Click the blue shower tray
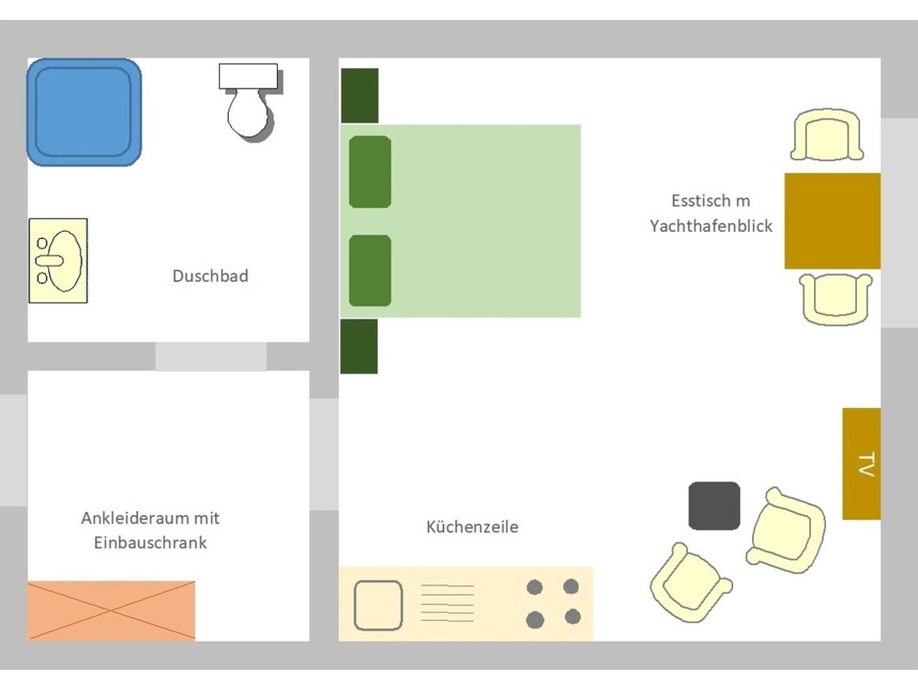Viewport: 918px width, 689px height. tap(84, 112)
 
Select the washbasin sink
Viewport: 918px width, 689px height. tap(58, 260)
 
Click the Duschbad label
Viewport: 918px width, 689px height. tap(210, 276)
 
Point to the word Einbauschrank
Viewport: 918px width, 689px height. tap(150, 543)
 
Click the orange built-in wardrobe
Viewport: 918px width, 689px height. tap(111, 610)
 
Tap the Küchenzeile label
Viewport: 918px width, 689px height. tap(472, 527)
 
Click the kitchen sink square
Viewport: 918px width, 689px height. tap(378, 605)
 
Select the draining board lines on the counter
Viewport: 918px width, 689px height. tap(447, 603)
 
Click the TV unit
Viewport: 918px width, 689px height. tap(861, 464)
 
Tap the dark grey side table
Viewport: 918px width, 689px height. tap(714, 506)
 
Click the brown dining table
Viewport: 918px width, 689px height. tap(832, 221)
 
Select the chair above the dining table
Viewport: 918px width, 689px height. tap(827, 135)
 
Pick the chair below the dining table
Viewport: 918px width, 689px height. tap(835, 299)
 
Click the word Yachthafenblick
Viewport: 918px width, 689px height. tap(711, 227)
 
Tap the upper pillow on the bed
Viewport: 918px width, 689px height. tap(370, 171)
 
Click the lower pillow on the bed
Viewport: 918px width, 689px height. tap(370, 271)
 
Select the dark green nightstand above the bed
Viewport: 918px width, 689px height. tap(360, 96)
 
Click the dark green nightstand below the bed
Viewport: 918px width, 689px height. tap(359, 346)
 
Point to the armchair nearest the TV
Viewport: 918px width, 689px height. tap(786, 531)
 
